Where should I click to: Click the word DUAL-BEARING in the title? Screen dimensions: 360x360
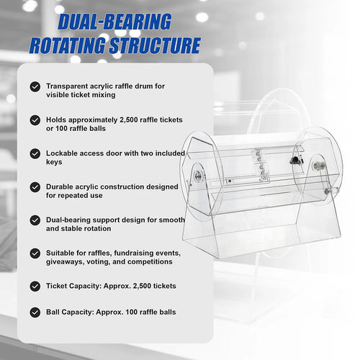114,22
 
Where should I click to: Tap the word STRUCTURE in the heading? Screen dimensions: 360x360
155,45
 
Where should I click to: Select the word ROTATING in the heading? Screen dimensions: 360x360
68,45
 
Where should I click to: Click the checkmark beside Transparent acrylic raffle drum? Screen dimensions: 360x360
35,86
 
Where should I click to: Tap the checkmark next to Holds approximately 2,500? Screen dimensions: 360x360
35,120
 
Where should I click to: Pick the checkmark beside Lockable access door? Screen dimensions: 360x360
35,153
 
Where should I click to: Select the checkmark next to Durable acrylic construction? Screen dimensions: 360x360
35,187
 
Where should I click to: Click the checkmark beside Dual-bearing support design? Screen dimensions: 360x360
35,220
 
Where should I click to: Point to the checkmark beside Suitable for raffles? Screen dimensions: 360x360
35,253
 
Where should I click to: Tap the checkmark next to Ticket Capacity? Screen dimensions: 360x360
35,287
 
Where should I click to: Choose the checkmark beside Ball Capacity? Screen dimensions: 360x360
35,312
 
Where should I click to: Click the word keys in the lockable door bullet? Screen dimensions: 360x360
54,162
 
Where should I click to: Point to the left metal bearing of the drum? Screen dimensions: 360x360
198,176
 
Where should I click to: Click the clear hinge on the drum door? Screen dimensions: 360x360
261,165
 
